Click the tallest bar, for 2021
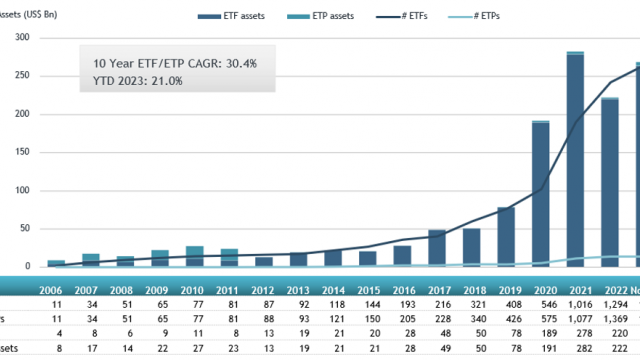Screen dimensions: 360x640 pyautogui.click(x=575, y=160)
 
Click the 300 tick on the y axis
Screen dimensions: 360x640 pyautogui.click(x=22, y=38)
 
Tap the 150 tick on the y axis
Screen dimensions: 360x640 pyautogui.click(x=22, y=152)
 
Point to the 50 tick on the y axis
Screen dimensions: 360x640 pyautogui.click(x=25, y=229)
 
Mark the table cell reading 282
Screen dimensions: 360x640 pyautogui.click(x=581, y=351)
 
